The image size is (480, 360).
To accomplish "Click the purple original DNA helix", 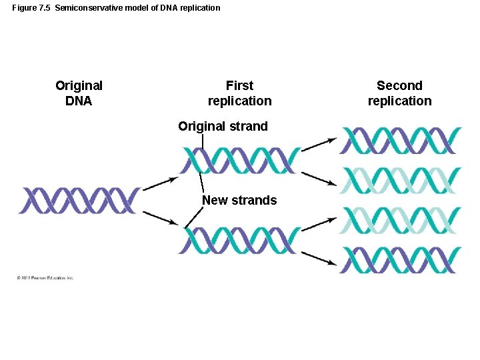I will [79, 201].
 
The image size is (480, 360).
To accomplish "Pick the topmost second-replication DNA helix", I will [400, 141].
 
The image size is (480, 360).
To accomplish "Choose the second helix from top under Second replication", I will [400, 181].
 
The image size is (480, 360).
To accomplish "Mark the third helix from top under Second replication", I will [400, 221].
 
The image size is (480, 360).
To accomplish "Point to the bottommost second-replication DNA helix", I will [400, 261].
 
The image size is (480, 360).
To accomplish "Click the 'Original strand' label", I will [223, 126].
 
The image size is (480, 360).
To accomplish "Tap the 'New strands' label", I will [239, 200].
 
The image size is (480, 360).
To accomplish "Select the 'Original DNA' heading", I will [79, 93].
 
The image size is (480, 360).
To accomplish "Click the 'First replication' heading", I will [239, 93].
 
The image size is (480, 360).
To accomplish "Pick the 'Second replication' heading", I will [399, 93].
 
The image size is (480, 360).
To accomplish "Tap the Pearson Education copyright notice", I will [45, 277].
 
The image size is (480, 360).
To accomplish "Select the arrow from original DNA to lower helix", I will [160, 217].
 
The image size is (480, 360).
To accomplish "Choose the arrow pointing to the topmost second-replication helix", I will [319, 145].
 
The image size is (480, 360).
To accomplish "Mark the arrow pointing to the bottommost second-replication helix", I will [319, 257].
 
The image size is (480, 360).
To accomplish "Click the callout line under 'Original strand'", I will [202, 140].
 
